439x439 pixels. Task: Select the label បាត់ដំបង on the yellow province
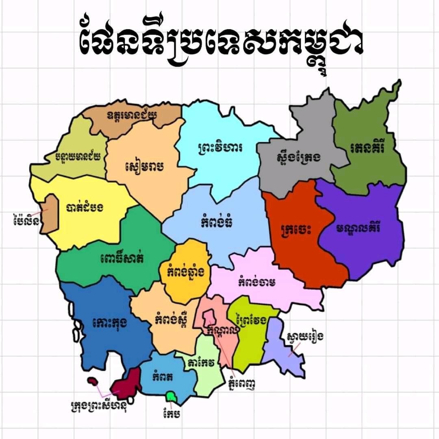pyautogui.click(x=85, y=207)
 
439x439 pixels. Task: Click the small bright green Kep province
pyautogui.click(x=171, y=396)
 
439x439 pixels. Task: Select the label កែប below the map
pyautogui.click(x=171, y=413)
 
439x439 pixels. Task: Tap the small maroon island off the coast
pyautogui.click(x=93, y=382)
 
